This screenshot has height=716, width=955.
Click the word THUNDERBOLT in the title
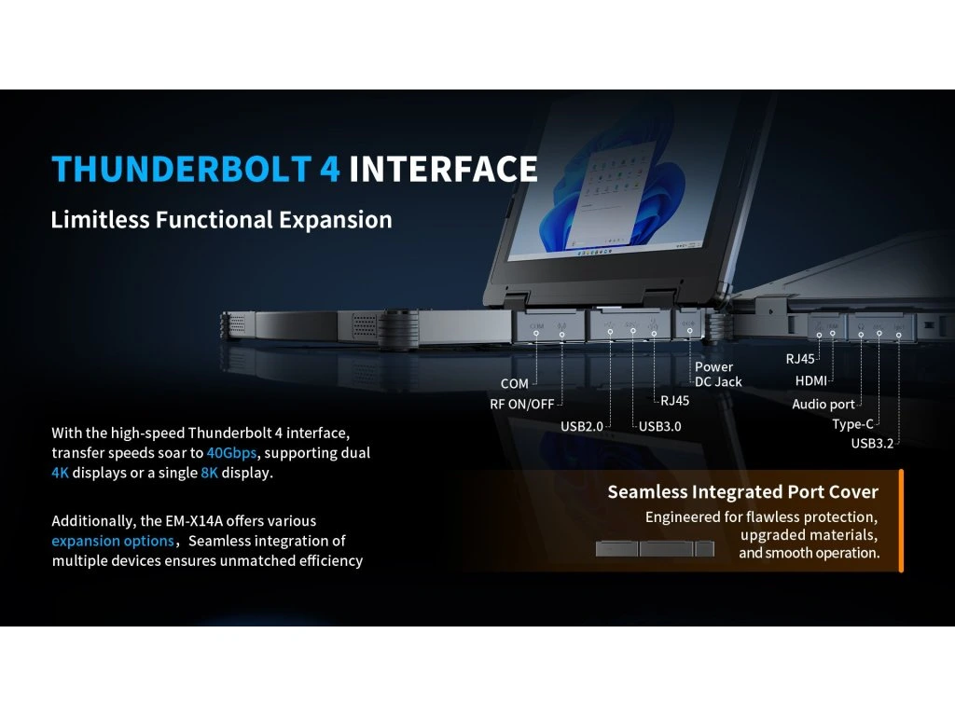click(x=182, y=169)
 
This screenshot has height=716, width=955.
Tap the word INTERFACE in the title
click(x=443, y=169)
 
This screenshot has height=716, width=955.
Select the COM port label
click(x=515, y=383)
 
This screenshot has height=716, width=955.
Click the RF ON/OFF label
click(x=522, y=405)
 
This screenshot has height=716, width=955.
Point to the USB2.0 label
click(x=582, y=426)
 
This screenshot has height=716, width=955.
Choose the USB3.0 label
click(x=660, y=426)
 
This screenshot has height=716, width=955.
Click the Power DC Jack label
click(x=719, y=375)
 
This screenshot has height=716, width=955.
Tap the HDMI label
click(x=811, y=380)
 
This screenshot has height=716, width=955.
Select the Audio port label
click(x=824, y=405)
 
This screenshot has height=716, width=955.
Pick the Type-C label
click(x=852, y=424)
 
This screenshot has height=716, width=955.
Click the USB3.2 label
click(x=872, y=443)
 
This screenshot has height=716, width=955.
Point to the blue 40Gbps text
click(x=231, y=453)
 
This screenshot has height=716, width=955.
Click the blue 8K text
click(x=209, y=473)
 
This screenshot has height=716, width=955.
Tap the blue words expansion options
click(x=113, y=541)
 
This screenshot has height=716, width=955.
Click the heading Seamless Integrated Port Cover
click(x=743, y=492)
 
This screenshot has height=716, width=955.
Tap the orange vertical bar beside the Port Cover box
click(x=901, y=520)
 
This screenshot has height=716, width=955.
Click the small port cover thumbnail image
click(x=655, y=548)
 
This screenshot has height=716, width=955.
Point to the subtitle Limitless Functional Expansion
click(x=221, y=220)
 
